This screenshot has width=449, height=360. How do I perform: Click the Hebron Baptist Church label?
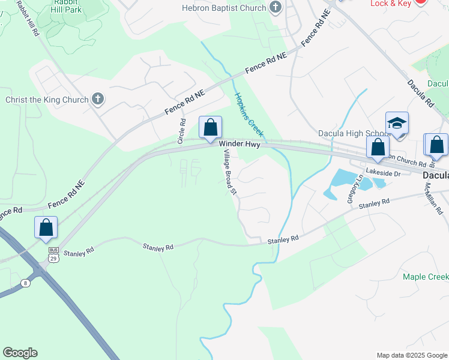tap(224, 8)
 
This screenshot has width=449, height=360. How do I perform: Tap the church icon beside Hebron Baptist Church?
tap(276, 8)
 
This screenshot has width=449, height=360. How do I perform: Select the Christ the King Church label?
tap(47, 100)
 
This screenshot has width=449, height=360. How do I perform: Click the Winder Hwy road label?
tap(239, 144)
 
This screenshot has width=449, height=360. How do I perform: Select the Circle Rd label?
tap(181, 130)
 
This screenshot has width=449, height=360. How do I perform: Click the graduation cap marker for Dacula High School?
tap(397, 124)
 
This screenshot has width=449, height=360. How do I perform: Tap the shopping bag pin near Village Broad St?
tap(210, 128)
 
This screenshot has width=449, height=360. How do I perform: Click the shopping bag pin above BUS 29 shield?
tap(46, 228)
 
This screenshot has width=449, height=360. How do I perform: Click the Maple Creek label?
tap(425, 277)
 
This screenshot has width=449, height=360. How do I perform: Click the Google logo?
tap(20, 353)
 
